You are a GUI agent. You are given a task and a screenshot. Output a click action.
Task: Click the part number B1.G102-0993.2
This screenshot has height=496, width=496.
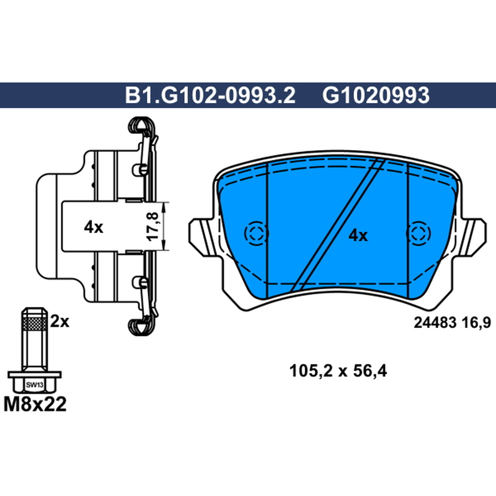pyautogui.click(x=210, y=95)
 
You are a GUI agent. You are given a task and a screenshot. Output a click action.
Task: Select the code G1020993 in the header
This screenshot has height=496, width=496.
pyautogui.click(x=376, y=95)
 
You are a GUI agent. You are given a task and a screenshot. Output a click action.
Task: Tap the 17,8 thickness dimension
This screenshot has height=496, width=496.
pyautogui.click(x=154, y=226)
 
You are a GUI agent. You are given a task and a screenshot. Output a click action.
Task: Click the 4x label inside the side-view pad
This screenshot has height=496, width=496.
pyautogui.click(x=94, y=227)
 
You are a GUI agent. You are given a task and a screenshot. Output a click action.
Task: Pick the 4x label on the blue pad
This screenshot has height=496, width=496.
pyautogui.click(x=358, y=236)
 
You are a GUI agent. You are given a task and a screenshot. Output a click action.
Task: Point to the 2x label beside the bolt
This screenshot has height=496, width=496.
pyautogui.click(x=60, y=322)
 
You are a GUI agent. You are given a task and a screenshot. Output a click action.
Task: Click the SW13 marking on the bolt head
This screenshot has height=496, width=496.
pyautogui.click(x=35, y=385)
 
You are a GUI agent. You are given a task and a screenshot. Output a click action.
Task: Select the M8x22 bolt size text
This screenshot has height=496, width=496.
pyautogui.click(x=35, y=404)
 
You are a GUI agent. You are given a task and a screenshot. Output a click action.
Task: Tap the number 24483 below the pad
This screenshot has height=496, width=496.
pyautogui.click(x=435, y=322)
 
